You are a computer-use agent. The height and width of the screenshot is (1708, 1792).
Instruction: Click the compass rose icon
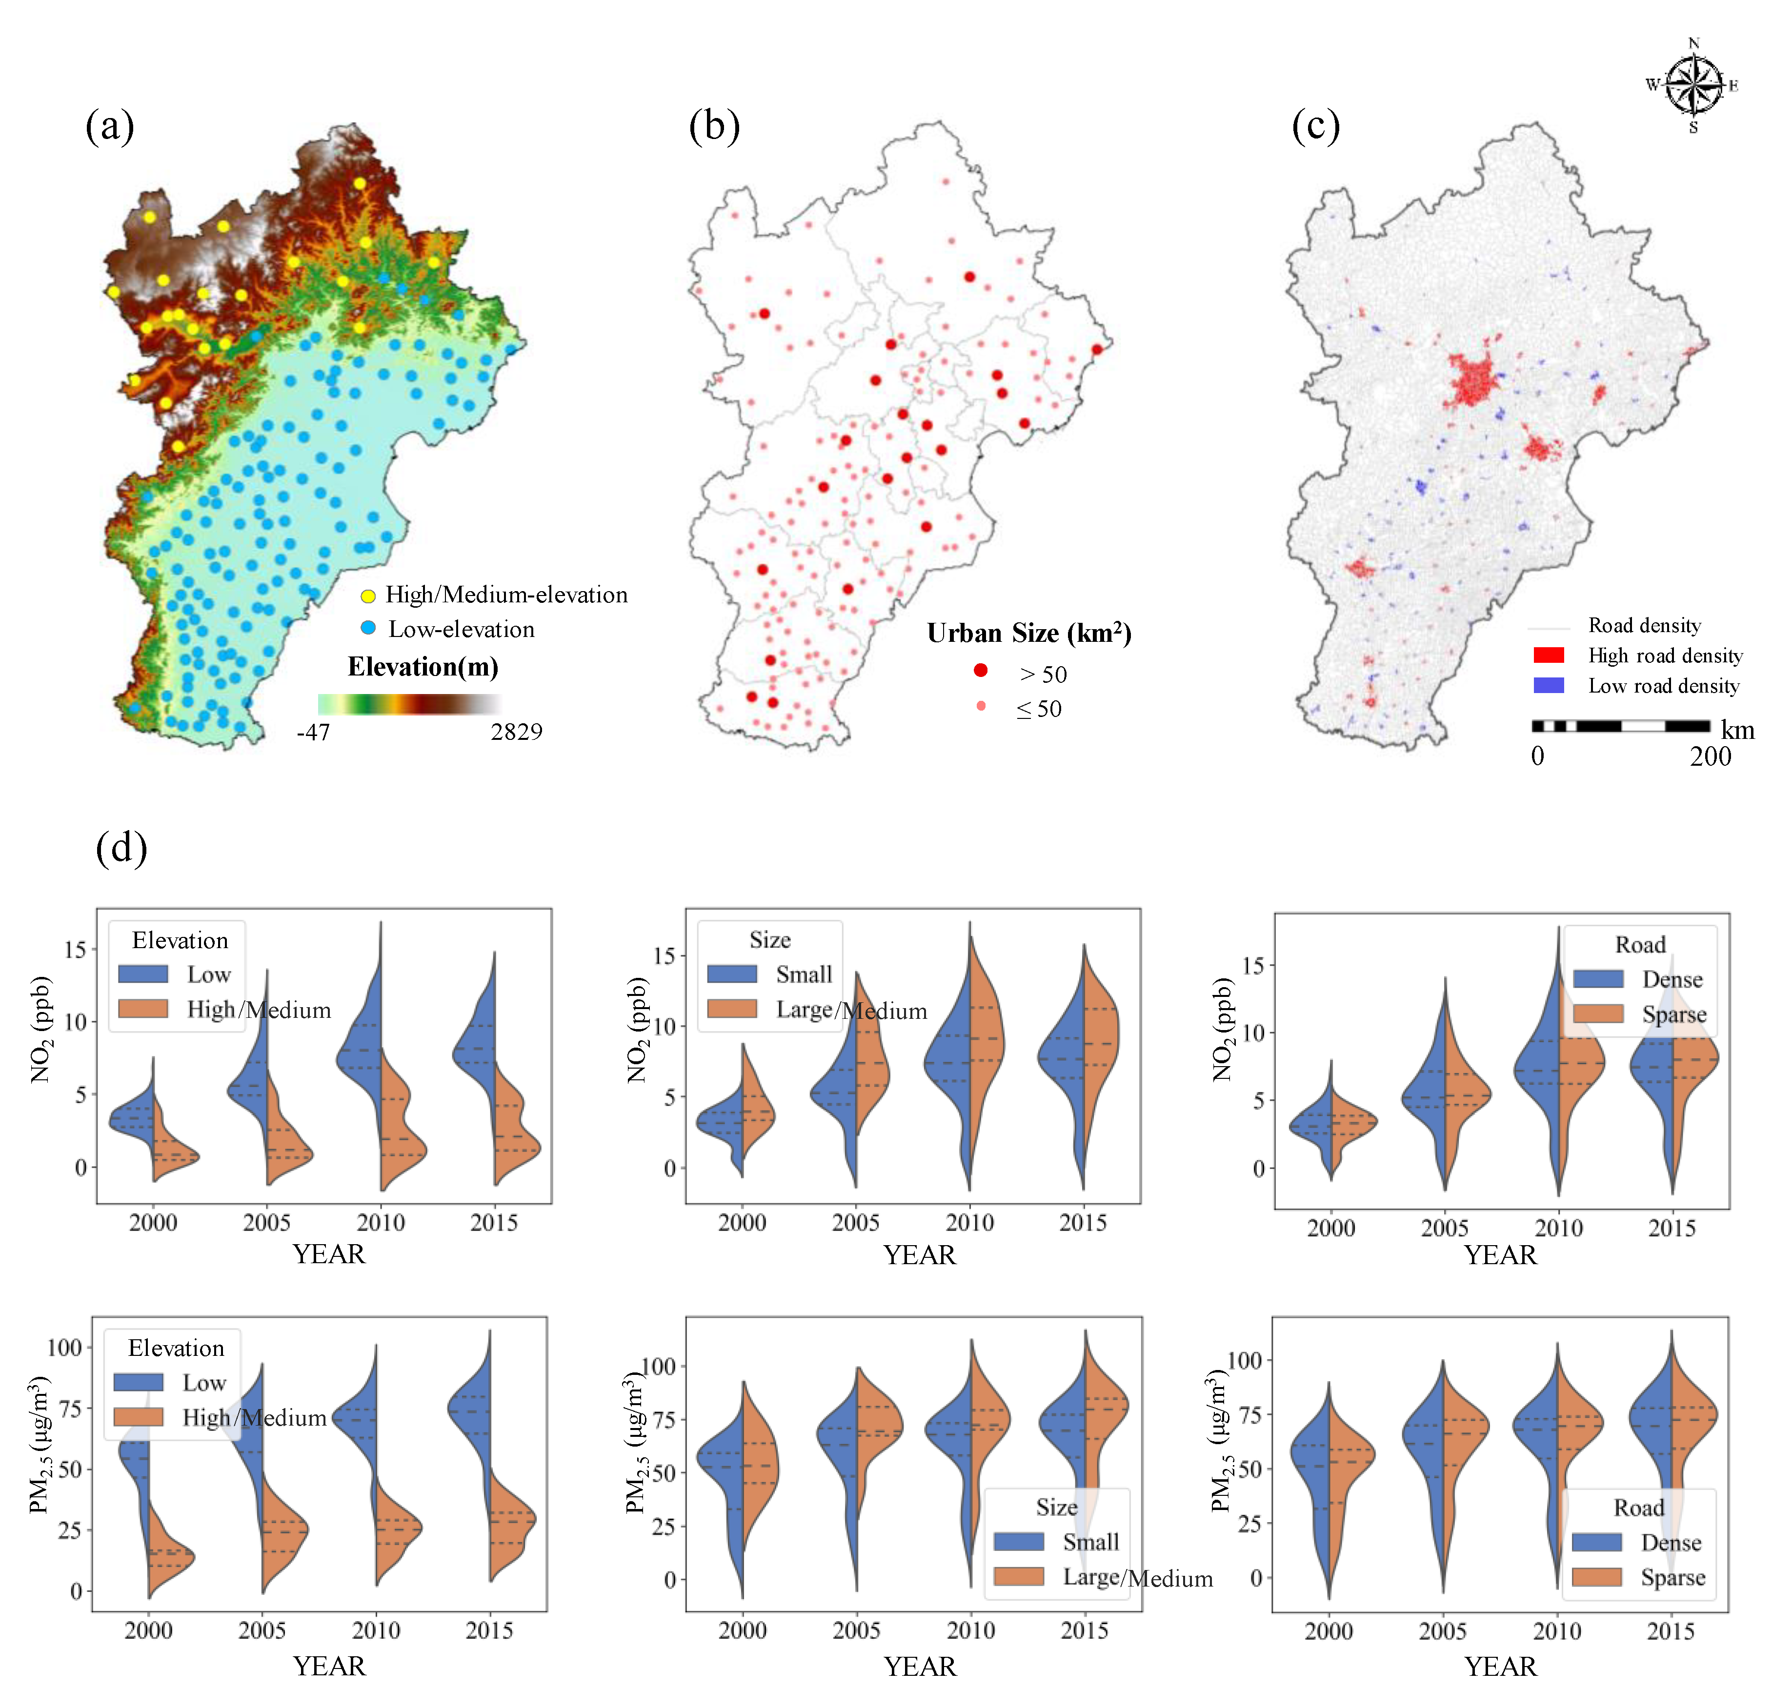1693,85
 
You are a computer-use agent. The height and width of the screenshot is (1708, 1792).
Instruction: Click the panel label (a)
109,126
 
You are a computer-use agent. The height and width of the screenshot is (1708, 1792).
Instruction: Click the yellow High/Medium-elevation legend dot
368,596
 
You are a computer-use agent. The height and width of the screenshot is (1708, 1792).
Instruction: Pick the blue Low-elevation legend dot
368,628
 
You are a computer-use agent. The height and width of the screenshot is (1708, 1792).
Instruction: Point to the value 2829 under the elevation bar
516,732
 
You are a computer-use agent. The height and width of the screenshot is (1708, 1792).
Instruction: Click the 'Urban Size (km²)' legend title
1029,634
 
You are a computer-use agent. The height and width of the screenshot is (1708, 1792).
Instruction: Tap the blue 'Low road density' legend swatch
1548,686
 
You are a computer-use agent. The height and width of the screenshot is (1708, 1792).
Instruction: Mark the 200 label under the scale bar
1710,756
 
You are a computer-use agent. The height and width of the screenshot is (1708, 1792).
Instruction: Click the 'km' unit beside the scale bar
1737,729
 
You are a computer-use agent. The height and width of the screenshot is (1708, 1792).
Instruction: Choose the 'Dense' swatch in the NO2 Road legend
1598,979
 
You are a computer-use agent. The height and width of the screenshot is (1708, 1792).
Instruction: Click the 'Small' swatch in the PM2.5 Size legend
1018,1541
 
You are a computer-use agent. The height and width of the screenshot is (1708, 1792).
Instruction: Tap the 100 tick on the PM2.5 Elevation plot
64,1348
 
